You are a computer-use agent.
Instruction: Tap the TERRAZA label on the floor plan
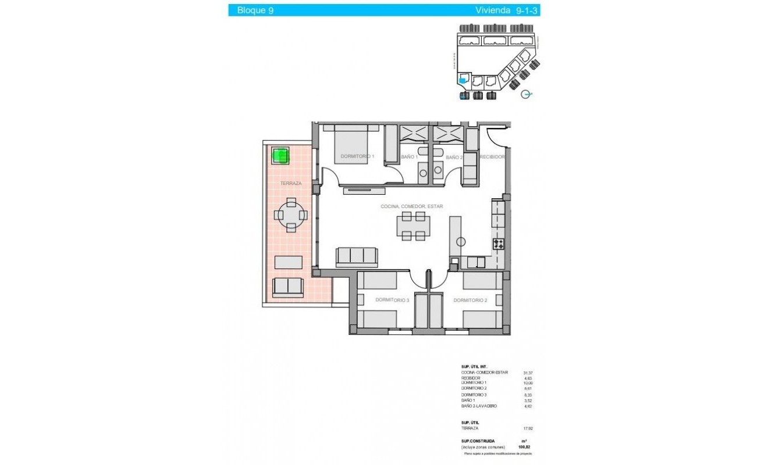click(290, 183)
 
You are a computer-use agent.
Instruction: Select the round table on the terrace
click(290, 214)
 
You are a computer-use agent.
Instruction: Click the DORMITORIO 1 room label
click(357, 156)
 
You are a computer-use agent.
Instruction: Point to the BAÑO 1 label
click(410, 157)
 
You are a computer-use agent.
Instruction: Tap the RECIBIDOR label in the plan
click(492, 157)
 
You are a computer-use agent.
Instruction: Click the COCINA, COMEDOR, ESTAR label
click(411, 206)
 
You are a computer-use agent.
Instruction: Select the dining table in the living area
click(413, 226)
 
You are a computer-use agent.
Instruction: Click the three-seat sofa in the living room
click(357, 256)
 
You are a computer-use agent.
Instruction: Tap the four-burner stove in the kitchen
click(499, 244)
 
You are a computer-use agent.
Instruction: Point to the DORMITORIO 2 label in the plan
click(470, 301)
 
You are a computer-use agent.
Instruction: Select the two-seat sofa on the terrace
click(287, 286)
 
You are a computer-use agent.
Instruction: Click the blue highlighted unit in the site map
click(463, 81)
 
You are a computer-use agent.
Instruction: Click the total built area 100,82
click(525, 447)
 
